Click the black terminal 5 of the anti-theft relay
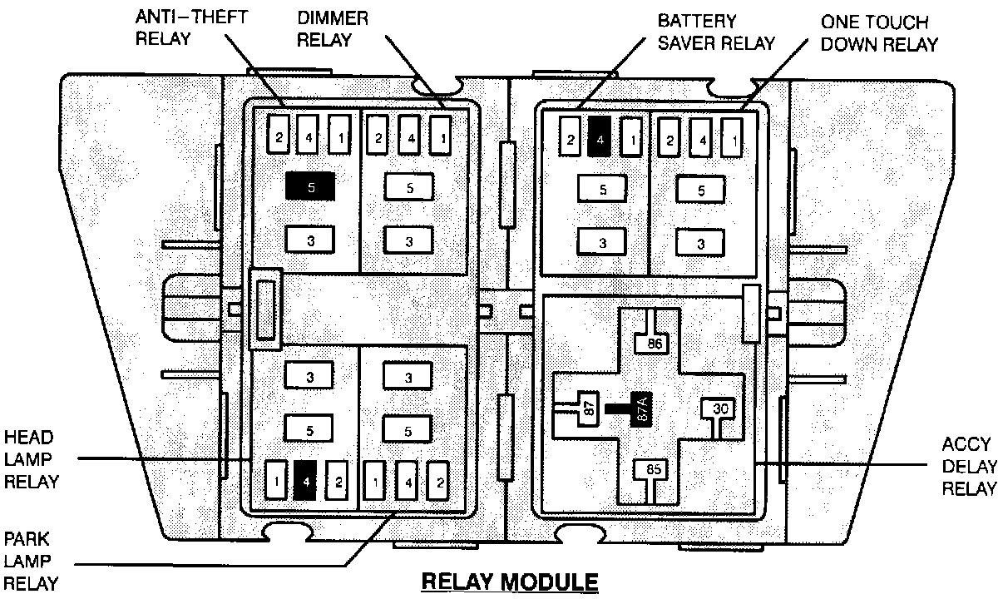pos(310,186)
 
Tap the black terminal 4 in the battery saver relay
pos(600,136)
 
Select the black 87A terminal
pos(641,409)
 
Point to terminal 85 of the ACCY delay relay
pos(654,469)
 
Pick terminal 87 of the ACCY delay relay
pos(588,408)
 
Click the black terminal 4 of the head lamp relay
pos(305,481)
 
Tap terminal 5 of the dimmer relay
pos(409,187)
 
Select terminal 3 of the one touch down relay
pos(700,243)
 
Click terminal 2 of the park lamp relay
pos(438,481)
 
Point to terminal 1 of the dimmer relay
pos(440,136)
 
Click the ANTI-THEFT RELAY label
pos(191,28)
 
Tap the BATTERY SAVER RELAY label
pos(716,32)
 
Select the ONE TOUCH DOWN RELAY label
pos(879,33)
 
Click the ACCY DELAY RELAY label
pos(970,467)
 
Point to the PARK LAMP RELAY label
pos(31,561)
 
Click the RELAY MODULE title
pos(510,582)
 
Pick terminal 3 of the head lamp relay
pos(309,376)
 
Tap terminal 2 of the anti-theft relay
pos(278,136)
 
